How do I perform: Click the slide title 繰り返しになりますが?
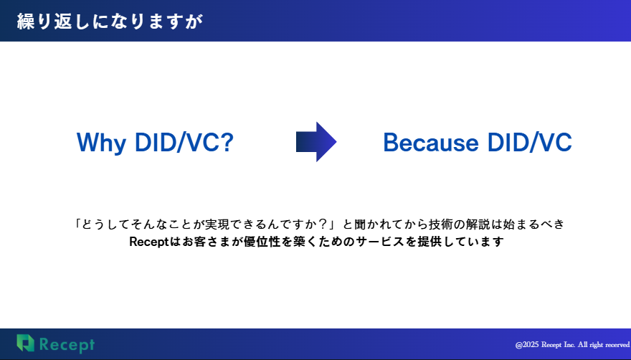tap(110, 22)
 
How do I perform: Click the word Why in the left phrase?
tap(101, 143)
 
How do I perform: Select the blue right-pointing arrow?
tap(316, 142)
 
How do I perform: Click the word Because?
tap(431, 143)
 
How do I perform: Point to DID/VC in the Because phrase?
tap(530, 142)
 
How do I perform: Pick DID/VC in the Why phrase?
tap(176, 142)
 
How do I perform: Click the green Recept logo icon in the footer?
tap(25, 343)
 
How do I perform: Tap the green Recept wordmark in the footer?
tap(67, 345)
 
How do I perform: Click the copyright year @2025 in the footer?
tap(527, 345)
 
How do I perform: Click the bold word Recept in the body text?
tap(149, 242)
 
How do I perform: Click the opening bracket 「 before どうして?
tap(77, 223)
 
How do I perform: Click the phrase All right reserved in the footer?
tap(604, 345)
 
